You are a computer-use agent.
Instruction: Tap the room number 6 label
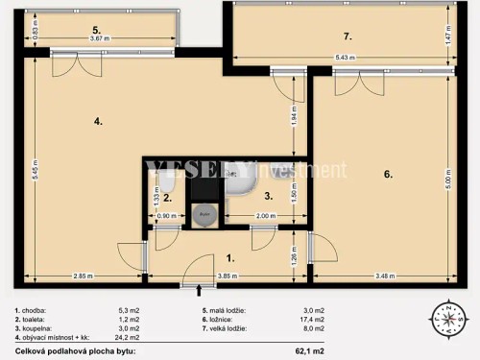tap(387, 175)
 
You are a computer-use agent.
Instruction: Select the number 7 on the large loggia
tap(348, 36)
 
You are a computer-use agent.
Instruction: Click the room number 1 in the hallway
tap(228, 258)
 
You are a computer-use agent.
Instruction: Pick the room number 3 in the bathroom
tap(269, 196)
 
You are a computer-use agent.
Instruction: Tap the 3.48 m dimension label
tap(387, 277)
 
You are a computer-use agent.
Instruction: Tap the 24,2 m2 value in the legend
tap(128, 338)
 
